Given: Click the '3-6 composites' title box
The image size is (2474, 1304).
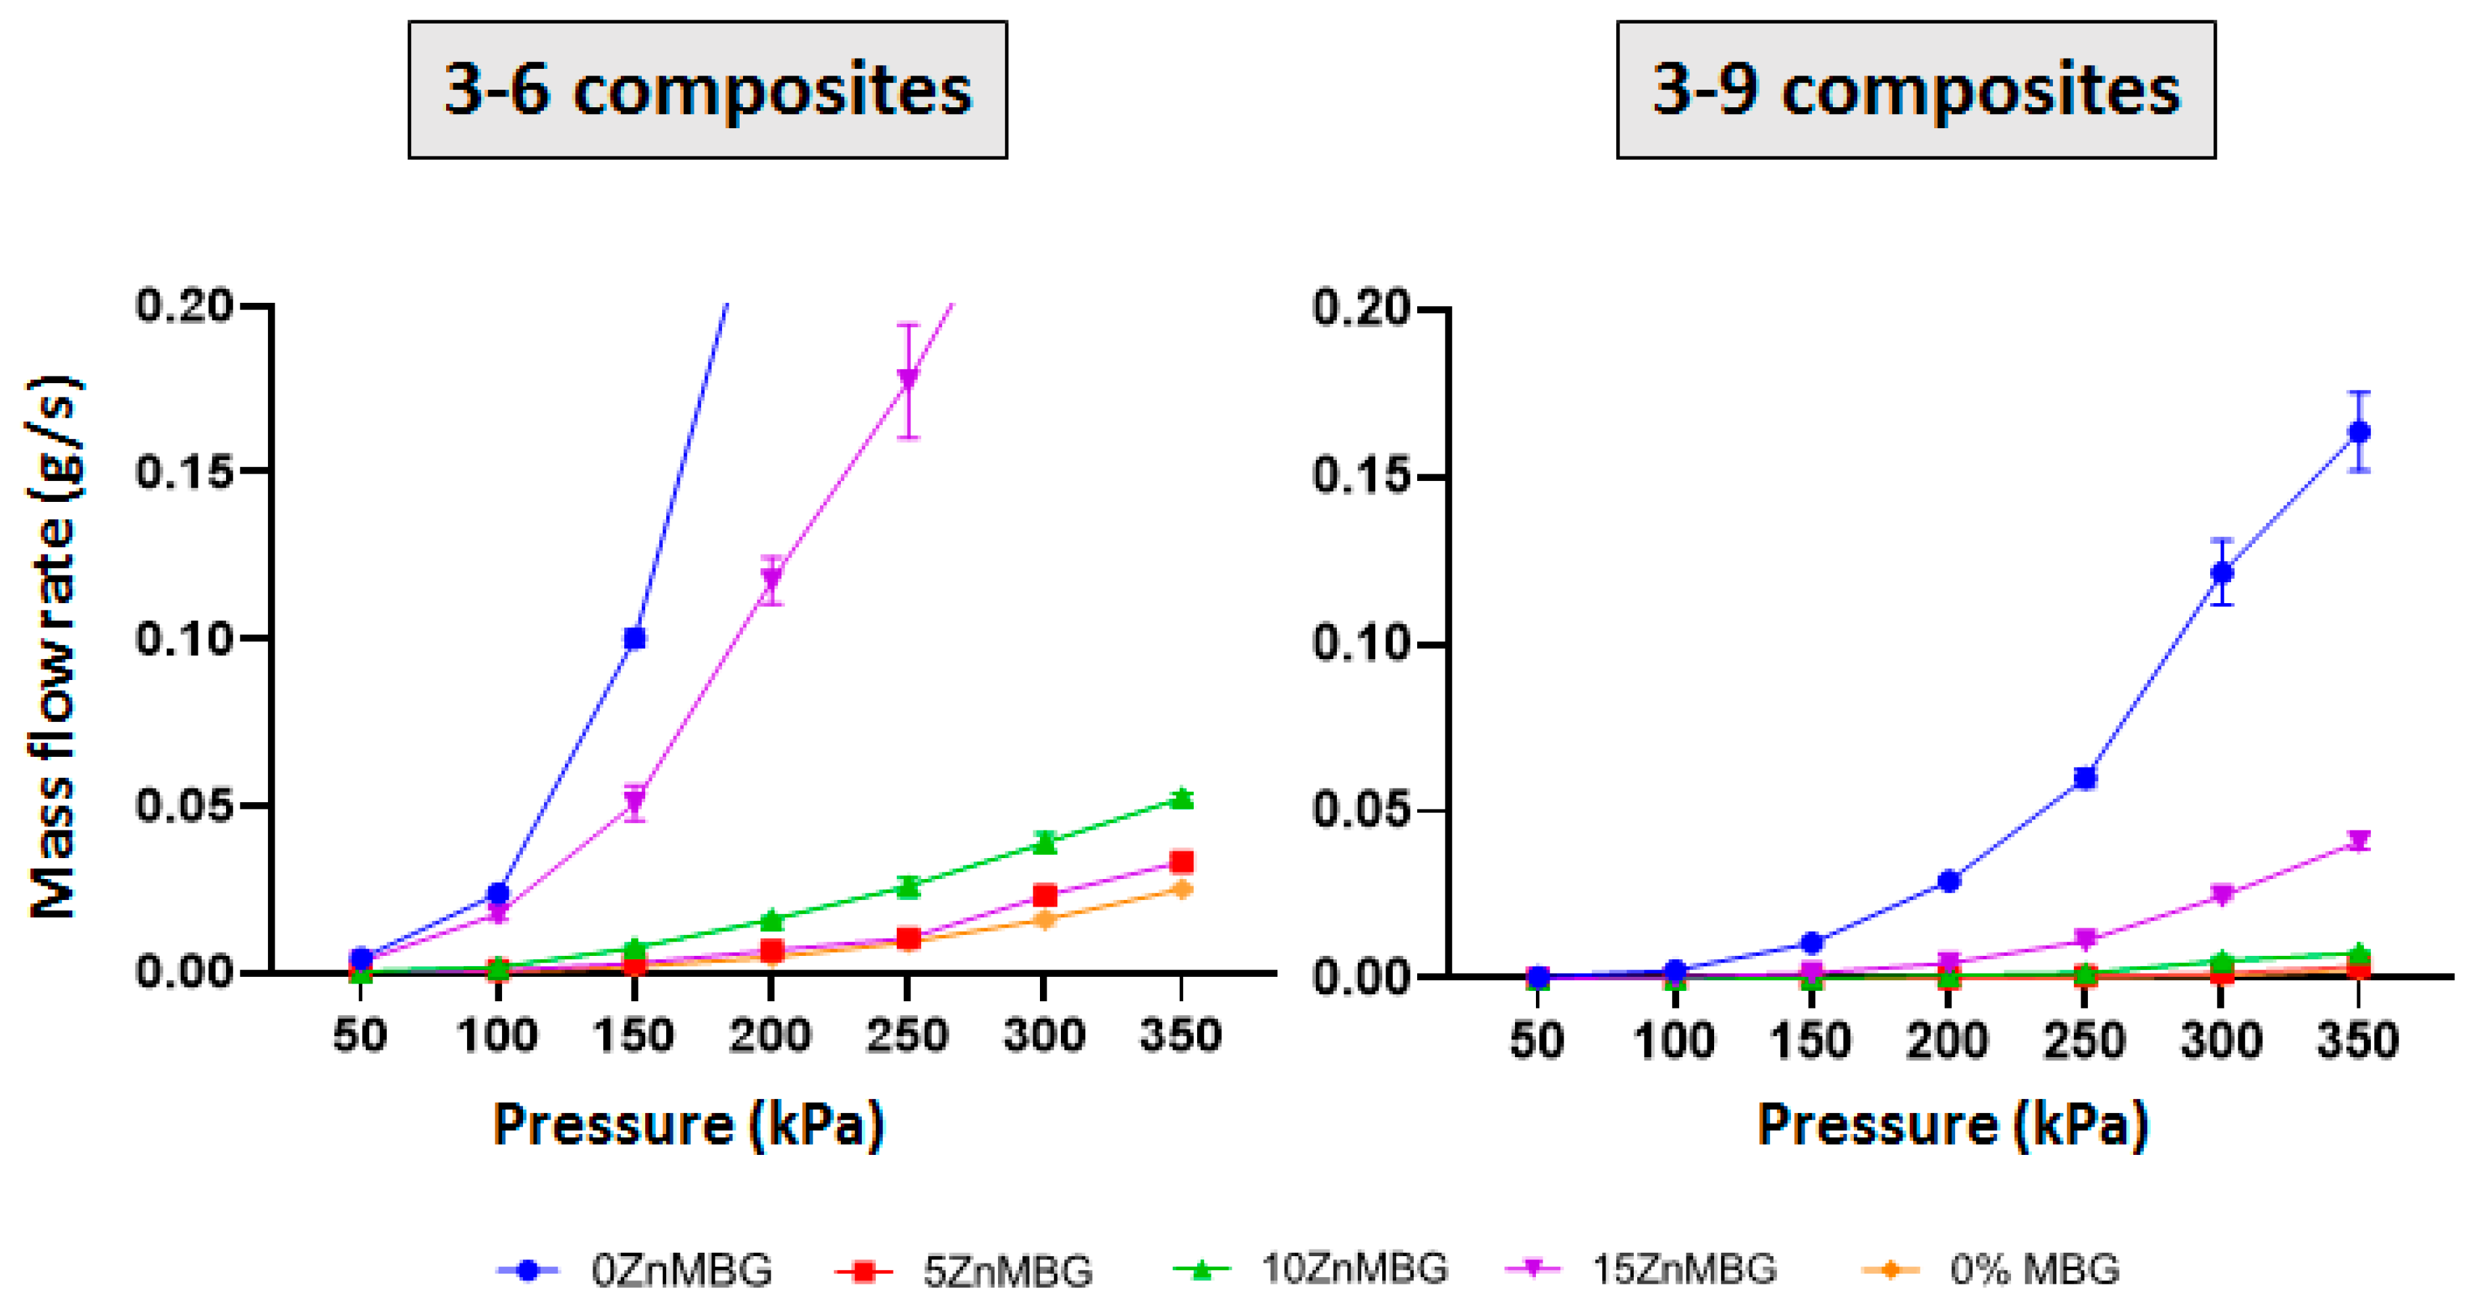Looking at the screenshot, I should tap(708, 90).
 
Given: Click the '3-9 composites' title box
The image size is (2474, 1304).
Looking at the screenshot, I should tap(1915, 90).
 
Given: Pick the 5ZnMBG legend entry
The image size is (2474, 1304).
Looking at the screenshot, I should tap(964, 1270).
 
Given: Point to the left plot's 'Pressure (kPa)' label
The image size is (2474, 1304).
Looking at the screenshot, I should tap(688, 1123).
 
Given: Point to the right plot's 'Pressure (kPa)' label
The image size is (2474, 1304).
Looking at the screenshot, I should tap(1952, 1123).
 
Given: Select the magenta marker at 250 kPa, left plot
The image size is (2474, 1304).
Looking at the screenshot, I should tap(908, 378).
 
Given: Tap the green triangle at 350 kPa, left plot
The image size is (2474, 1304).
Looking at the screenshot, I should tap(1182, 799).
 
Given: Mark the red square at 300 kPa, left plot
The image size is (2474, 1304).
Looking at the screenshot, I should tap(1045, 896).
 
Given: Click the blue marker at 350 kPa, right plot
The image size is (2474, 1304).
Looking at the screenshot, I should tap(2359, 432).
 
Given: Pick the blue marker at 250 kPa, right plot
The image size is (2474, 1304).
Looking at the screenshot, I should tap(2085, 778).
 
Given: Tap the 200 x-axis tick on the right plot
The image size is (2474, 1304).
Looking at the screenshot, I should tap(1948, 1041).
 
